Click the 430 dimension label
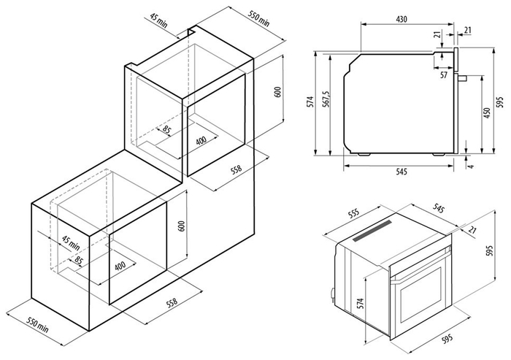point(401,19)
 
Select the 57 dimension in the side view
point(444,75)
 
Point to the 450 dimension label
point(487,113)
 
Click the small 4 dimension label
point(470,166)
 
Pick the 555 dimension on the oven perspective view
point(353,214)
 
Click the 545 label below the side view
point(401,172)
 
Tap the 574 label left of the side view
point(311,102)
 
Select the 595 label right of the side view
point(500,102)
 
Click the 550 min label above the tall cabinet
point(259,19)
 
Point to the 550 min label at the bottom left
point(37,324)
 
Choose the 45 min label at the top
point(158,20)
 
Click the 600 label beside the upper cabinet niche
point(277,92)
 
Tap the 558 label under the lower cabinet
point(172,302)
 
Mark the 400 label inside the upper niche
point(201,140)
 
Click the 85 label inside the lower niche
point(78,260)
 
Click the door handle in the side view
point(462,78)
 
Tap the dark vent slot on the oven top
point(372,231)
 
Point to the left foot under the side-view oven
point(364,155)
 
